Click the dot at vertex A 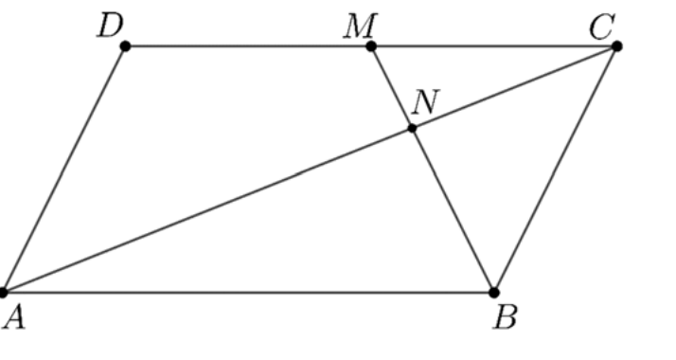tap(3, 293)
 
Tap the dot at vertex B tap(494, 293)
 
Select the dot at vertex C tap(616, 46)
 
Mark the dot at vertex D tap(125, 46)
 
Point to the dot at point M tap(371, 46)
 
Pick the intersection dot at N tap(412, 128)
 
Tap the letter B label tap(505, 317)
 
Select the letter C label tap(601, 27)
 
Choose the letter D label tap(111, 26)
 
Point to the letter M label tap(361, 26)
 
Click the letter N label tap(425, 101)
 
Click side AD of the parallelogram tap(63, 170)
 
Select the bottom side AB tap(248, 293)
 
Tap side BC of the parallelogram tap(555, 170)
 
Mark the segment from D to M tap(248, 46)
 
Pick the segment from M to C tap(493, 46)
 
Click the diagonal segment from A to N tap(207, 210)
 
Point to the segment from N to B tap(454, 210)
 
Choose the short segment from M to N tap(391, 87)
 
